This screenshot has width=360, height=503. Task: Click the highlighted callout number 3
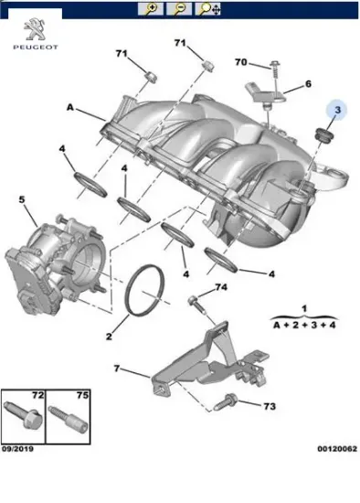[x=337, y=111]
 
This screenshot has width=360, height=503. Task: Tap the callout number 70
[x=240, y=62]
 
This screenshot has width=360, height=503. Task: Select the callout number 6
[x=308, y=83]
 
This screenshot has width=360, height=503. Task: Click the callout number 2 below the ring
[x=108, y=337]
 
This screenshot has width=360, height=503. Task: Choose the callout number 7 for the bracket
[x=116, y=369]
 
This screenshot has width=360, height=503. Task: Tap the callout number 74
[x=219, y=288]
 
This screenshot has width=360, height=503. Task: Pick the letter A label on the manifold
[x=69, y=107]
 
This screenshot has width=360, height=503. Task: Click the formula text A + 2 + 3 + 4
[x=304, y=325]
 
